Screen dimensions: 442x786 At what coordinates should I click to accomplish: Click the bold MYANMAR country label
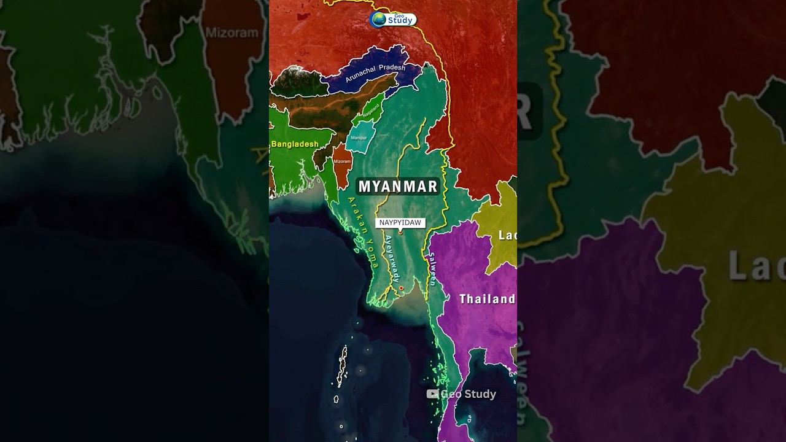click(x=398, y=187)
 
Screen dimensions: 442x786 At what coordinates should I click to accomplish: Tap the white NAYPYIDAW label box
click(x=400, y=223)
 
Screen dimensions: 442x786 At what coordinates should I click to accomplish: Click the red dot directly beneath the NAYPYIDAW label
click(x=400, y=232)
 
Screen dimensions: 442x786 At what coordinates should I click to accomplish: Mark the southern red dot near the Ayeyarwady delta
click(x=401, y=288)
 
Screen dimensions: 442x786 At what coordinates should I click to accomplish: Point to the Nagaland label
click(x=371, y=110)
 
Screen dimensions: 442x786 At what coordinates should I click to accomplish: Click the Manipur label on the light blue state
click(x=359, y=138)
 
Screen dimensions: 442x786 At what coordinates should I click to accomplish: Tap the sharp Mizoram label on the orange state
click(x=341, y=162)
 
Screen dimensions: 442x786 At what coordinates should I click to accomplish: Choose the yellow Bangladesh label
click(x=295, y=144)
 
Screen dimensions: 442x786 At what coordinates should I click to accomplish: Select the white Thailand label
click(x=488, y=299)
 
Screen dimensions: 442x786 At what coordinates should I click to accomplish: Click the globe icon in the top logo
click(x=379, y=19)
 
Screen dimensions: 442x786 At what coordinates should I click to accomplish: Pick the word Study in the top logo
click(x=400, y=21)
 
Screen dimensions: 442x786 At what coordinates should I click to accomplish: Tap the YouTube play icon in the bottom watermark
click(x=432, y=394)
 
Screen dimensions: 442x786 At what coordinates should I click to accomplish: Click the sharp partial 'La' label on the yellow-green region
click(x=507, y=235)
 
